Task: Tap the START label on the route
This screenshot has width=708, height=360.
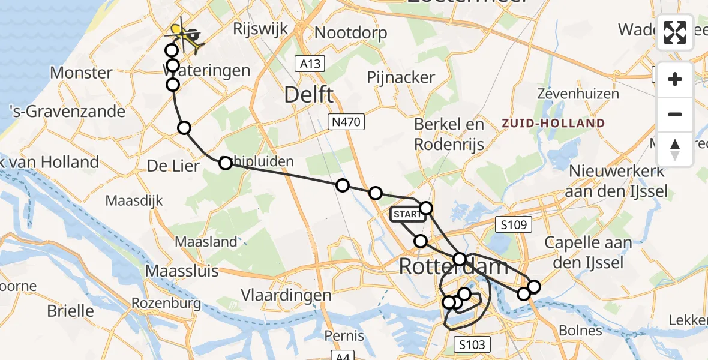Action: tap(407, 214)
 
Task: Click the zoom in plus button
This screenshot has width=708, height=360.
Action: tap(675, 79)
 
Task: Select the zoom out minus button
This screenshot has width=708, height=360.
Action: tap(675, 114)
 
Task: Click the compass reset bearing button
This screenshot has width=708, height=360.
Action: tap(675, 149)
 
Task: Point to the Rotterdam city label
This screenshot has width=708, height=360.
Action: tap(454, 266)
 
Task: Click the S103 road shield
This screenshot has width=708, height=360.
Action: tap(472, 344)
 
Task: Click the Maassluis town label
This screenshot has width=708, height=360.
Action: tap(182, 271)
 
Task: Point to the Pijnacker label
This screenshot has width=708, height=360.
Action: tap(401, 77)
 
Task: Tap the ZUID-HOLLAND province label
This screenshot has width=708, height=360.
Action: tap(554, 124)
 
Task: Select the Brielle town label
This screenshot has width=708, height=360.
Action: tap(71, 311)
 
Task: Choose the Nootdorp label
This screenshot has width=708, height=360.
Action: tap(350, 32)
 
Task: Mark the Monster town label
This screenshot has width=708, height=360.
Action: tap(81, 73)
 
